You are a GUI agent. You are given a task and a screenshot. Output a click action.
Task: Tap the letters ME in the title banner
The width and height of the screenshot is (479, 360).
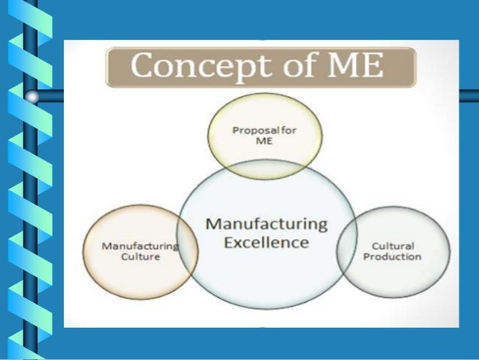(x=351, y=68)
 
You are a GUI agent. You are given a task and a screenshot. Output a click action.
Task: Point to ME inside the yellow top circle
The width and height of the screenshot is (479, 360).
(x=265, y=141)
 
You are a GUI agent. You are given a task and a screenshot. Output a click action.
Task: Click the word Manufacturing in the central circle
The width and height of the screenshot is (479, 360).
(x=266, y=224)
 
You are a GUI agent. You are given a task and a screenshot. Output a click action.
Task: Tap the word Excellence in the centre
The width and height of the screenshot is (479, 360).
(x=266, y=242)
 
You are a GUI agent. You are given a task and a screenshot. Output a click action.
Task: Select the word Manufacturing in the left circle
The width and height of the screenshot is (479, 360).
(x=140, y=246)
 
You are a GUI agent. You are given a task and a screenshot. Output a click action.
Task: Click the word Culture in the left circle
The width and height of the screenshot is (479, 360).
(x=140, y=256)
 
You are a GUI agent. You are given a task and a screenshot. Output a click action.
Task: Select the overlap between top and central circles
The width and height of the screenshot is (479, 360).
(x=265, y=169)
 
